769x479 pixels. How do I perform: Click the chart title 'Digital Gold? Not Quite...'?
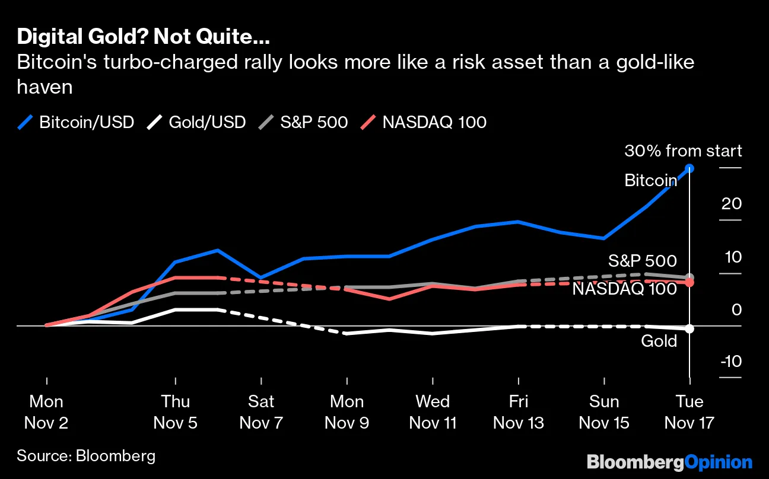pos(143,37)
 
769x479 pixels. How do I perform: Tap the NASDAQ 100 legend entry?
pos(424,122)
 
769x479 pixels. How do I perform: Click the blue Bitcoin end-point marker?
pos(689,168)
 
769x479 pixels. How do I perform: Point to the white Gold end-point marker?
pos(689,328)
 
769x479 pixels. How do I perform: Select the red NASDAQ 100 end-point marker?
pos(689,283)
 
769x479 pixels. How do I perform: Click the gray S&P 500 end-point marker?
pos(689,277)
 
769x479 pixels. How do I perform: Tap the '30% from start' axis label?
pos(682,151)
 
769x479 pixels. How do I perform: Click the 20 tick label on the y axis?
pos(732,204)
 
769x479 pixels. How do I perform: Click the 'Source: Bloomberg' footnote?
pos(86,455)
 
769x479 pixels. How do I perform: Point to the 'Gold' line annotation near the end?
pos(659,341)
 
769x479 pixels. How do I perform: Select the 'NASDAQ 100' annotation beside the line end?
pos(624,289)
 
